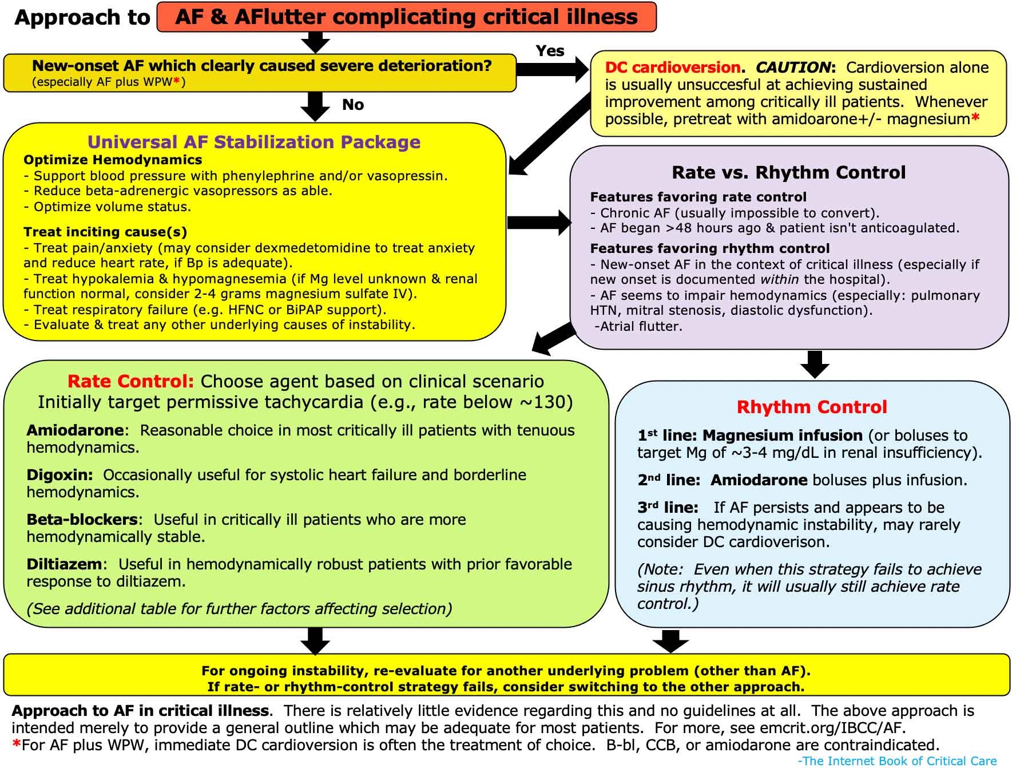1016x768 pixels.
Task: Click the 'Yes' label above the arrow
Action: pos(550,51)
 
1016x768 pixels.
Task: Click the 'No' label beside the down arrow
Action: pos(353,105)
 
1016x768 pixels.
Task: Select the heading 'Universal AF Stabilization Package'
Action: pos(254,142)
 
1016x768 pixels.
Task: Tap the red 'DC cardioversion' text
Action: pos(673,68)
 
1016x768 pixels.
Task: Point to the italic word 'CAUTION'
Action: pos(793,68)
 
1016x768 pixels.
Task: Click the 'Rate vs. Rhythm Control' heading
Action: pos(789,172)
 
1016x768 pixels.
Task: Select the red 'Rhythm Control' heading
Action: pos(812,407)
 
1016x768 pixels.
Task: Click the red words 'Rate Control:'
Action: pos(131,381)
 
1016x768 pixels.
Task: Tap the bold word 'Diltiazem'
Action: pos(64,564)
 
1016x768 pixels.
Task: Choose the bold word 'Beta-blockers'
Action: pos(82,520)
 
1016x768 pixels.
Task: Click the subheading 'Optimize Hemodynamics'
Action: pos(113,160)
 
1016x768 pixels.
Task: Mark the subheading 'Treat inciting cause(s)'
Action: pos(105,232)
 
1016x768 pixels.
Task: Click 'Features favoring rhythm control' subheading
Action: pos(710,248)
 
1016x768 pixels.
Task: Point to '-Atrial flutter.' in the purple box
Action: pos(638,327)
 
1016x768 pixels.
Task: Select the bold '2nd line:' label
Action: pos(669,480)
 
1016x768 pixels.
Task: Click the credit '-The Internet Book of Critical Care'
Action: pos(898,761)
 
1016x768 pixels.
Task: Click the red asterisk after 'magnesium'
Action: pos(975,118)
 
